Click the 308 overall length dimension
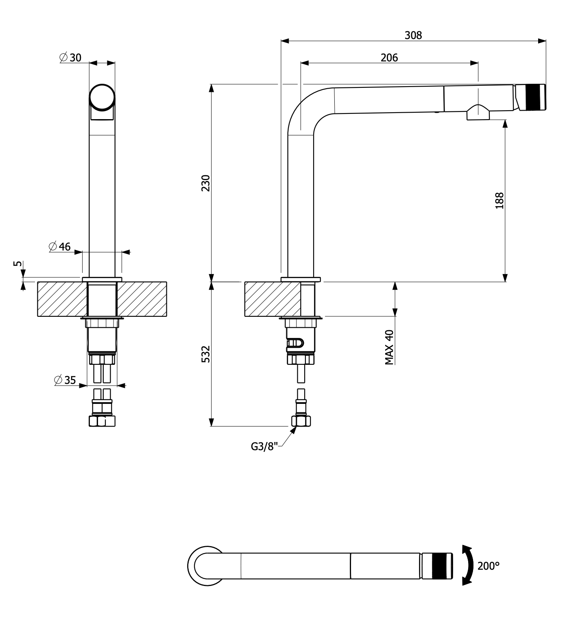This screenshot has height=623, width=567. click(413, 35)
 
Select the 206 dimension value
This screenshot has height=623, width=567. click(389, 58)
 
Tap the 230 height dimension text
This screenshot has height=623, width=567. click(206, 183)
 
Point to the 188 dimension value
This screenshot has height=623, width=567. click(499, 200)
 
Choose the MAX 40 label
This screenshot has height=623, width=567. click(389, 347)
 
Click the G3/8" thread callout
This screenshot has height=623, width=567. click(264, 447)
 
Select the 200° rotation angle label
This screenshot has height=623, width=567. click(488, 566)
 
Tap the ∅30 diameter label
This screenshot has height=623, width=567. click(71, 58)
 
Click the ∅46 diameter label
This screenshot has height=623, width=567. click(60, 246)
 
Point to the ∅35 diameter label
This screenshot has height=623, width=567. click(65, 380)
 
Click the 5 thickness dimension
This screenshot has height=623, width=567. click(17, 264)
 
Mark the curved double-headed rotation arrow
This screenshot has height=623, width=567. click(468, 566)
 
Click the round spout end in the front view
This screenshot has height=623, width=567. click(102, 97)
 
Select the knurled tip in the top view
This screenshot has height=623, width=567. click(437, 566)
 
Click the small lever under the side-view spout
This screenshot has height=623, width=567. click(478, 113)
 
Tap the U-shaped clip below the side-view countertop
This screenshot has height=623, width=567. click(295, 344)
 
